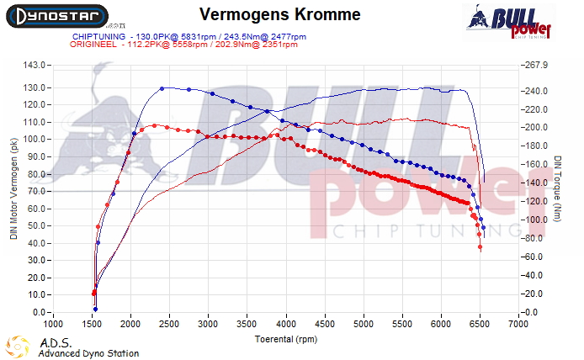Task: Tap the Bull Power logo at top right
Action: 511,21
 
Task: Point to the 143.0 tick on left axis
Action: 33,65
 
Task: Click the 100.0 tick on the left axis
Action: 33,140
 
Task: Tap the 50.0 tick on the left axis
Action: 35,226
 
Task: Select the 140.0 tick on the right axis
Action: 534,183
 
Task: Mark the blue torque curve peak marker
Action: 162,88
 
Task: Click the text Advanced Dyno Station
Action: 88,353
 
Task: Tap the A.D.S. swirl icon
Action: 18,346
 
